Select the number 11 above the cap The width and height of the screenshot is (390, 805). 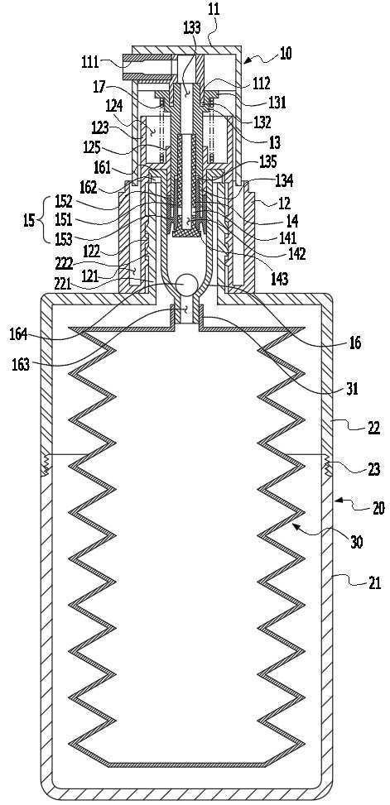(x=214, y=10)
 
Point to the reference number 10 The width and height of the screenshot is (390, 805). (x=285, y=53)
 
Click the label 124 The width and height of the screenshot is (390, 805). (x=114, y=107)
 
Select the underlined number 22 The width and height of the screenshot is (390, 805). (x=374, y=427)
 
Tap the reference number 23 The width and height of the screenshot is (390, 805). (x=374, y=469)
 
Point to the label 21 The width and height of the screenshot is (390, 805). (x=374, y=582)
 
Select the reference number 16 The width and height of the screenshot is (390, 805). (x=354, y=343)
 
